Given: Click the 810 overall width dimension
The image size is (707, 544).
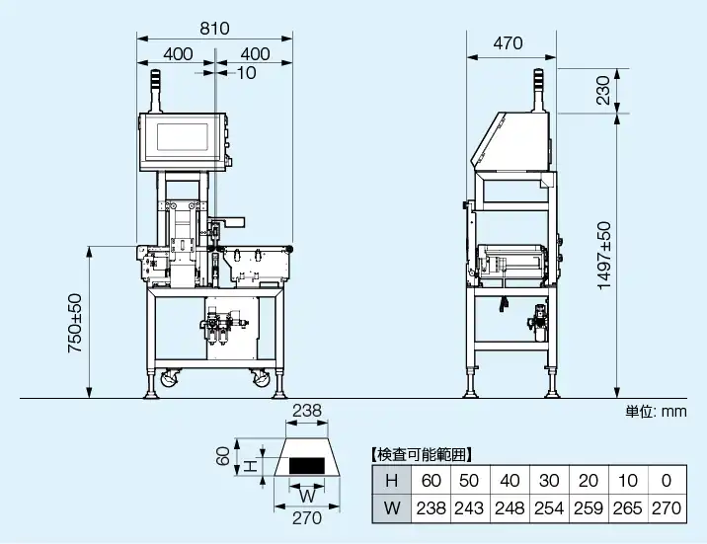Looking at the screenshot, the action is (214, 29).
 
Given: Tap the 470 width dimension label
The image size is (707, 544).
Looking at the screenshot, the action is (509, 43).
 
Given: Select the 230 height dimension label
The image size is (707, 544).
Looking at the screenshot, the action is (603, 90).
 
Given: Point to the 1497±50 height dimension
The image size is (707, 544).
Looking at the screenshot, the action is (604, 256).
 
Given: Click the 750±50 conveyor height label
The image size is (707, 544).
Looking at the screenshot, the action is (75, 323).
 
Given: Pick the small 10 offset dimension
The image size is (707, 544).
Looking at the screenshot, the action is (246, 72).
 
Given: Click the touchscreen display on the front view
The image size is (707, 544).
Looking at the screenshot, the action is (182, 137).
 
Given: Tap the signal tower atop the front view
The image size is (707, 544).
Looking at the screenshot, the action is (155, 91).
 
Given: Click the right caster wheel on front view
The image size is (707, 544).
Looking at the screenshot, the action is (261, 378).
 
